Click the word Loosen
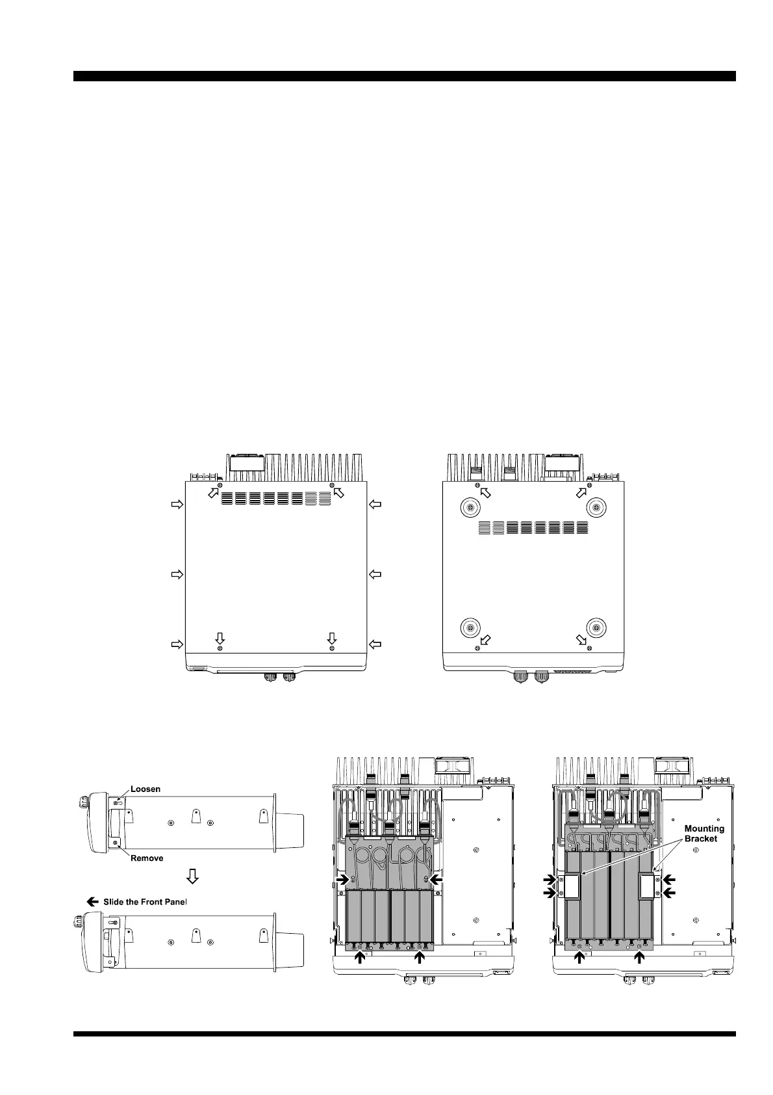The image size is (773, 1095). [145, 789]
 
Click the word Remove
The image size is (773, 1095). [147, 858]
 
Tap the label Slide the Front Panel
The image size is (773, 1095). [145, 902]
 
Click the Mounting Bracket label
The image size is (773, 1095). [704, 834]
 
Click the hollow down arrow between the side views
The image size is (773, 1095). [193, 876]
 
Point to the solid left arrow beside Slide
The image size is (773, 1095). [92, 902]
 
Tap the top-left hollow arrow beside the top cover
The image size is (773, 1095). [177, 504]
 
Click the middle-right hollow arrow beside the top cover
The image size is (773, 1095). [375, 574]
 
